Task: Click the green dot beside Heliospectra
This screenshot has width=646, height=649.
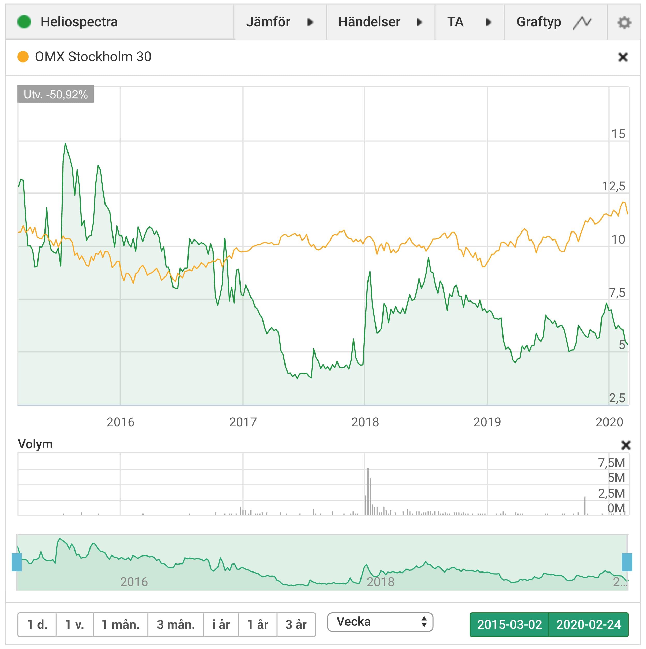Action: (x=24, y=22)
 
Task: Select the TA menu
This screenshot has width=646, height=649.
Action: (x=469, y=22)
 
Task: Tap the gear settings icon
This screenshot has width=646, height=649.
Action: (x=624, y=22)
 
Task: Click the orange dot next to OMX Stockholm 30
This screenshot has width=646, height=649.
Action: (x=23, y=56)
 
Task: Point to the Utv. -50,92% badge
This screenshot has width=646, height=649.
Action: (x=56, y=94)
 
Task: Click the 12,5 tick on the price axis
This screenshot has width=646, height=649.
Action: (x=613, y=186)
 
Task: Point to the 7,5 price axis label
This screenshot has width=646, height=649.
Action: (x=617, y=292)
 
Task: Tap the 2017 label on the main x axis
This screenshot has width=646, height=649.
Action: (x=243, y=422)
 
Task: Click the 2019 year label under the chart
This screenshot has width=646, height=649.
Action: (x=487, y=422)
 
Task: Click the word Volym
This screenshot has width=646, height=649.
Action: (x=35, y=444)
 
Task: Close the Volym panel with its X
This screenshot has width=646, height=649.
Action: (x=626, y=445)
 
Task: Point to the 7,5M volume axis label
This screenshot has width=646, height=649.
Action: (x=611, y=463)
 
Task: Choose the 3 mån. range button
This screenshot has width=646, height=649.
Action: (x=176, y=624)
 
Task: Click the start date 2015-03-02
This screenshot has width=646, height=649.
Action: (x=509, y=624)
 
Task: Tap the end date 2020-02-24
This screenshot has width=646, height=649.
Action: (x=589, y=624)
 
